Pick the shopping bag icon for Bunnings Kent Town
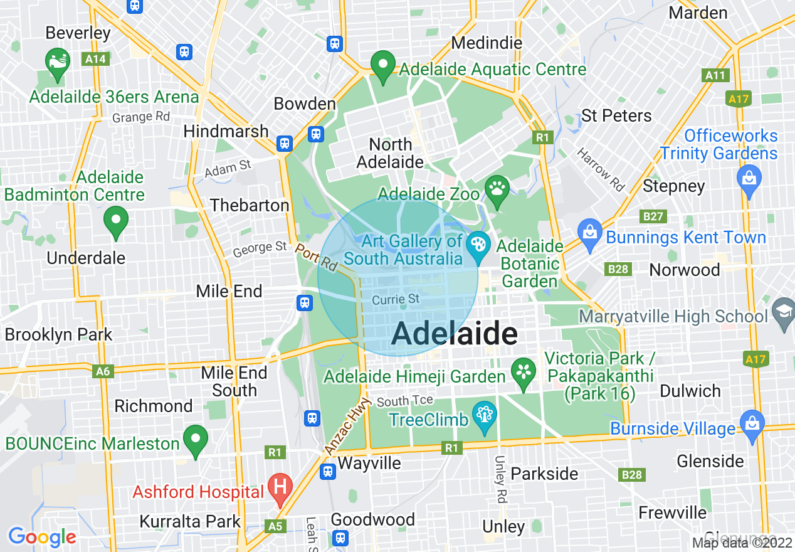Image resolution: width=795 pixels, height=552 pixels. coord(589,233)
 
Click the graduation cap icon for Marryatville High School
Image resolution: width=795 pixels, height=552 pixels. coord(783,312)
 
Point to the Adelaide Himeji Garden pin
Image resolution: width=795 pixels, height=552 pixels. coord(523,371)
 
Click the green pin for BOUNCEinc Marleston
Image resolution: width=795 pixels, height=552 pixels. coord(196,439)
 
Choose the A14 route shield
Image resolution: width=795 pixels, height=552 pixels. coord(95,59)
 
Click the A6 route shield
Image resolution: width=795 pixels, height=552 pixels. coord(103,371)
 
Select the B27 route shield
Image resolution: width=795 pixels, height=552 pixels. coord(653,216)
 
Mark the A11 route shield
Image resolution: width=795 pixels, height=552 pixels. coord(715,75)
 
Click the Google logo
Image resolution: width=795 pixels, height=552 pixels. coord(42,537)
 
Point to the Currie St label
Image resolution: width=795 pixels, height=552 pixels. coord(396,300)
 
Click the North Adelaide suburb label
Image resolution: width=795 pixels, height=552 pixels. coord(390,153)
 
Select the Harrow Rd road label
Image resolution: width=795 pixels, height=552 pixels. coord(601,169)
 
